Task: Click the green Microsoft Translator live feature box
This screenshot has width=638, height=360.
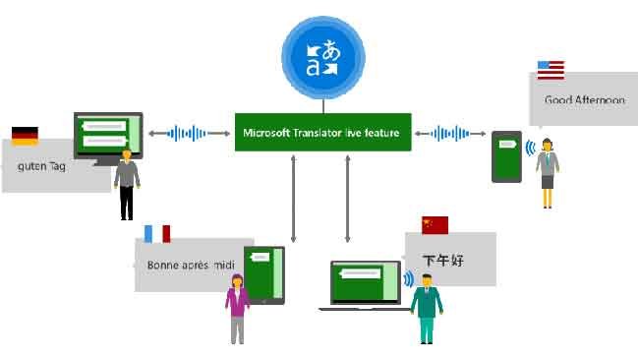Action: coord(322,132)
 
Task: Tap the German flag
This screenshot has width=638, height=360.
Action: coord(25,136)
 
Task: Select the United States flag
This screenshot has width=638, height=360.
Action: coord(551,70)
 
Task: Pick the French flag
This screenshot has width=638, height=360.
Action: coord(157,233)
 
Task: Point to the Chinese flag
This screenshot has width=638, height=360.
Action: coord(435,225)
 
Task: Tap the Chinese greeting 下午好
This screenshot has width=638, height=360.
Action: coord(442,261)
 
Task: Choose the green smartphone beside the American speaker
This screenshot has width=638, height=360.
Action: coord(506,155)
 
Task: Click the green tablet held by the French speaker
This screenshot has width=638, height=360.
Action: coord(263,275)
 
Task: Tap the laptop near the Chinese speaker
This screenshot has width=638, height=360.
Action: coord(364,285)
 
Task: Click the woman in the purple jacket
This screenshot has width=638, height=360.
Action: coord(237,307)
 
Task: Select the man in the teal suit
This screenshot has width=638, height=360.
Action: coord(427,308)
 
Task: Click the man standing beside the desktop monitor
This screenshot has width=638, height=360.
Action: coord(126,183)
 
